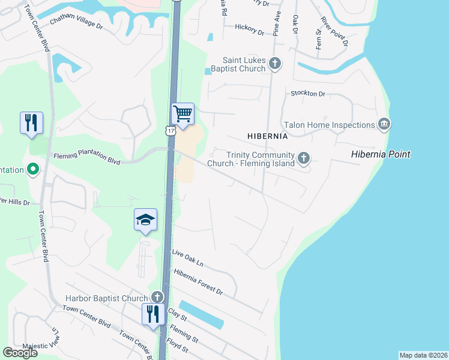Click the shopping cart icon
pyautogui.click(x=182, y=113)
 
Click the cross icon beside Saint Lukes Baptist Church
pyautogui.click(x=275, y=63)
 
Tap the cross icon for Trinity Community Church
pyautogui.click(x=304, y=158)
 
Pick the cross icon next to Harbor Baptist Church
pyautogui.click(x=157, y=297)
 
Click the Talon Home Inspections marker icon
pyautogui.click(x=384, y=124)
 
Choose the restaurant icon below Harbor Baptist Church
pyautogui.click(x=152, y=314)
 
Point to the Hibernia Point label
pyautogui.click(x=381, y=155)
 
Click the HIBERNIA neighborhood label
pyautogui.click(x=268, y=136)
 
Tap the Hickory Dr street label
pyautogui.click(x=249, y=28)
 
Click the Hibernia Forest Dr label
pyautogui.click(x=198, y=282)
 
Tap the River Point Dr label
pyautogui.click(x=334, y=31)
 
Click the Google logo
pyautogui.click(x=20, y=353)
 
